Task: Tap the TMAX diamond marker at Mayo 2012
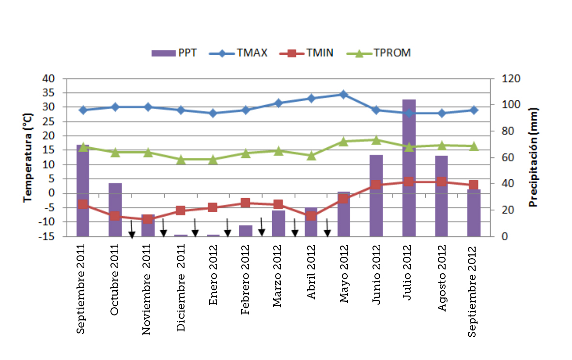343,94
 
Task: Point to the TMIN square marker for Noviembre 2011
148,219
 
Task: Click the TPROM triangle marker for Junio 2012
376,140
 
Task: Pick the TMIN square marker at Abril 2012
311,216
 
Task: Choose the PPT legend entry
174,53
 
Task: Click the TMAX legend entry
238,53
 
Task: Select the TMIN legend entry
306,53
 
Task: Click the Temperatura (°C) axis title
28,157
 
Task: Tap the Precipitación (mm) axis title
533,157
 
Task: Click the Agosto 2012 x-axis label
442,280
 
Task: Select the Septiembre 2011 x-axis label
82,290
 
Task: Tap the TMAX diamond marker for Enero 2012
213,113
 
